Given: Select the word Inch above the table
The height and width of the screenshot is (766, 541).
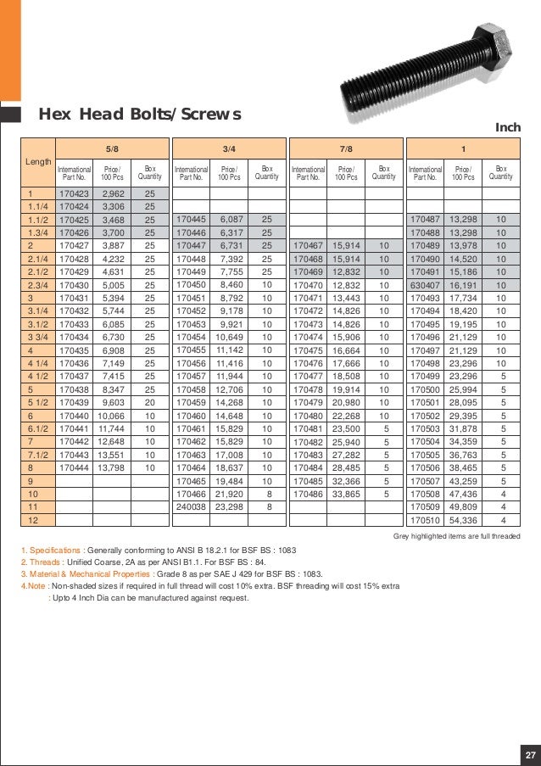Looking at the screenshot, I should click(506, 128).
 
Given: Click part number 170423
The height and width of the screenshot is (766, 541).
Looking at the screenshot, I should click(73, 194).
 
